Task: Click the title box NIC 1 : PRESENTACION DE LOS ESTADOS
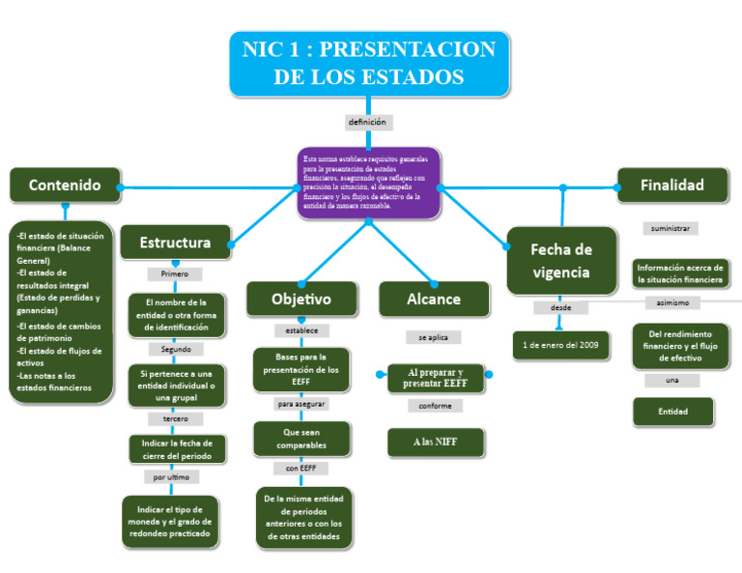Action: (368, 63)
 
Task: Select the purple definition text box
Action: (368, 182)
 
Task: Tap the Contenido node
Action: (65, 185)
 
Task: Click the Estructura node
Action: (175, 243)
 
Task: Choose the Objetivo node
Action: (300, 299)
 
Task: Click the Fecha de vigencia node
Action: (560, 260)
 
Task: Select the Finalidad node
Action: (671, 185)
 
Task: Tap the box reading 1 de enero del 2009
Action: (560, 345)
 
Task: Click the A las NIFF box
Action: (435, 442)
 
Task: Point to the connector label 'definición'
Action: (367, 123)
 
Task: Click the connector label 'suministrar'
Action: (671, 228)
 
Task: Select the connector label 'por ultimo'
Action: (172, 477)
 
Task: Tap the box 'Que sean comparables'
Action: (300, 438)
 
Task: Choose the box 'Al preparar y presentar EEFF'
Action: (435, 378)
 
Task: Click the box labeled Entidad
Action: (672, 412)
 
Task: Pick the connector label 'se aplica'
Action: (433, 338)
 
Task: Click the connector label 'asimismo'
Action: (672, 302)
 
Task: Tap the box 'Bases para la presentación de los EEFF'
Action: (300, 369)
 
